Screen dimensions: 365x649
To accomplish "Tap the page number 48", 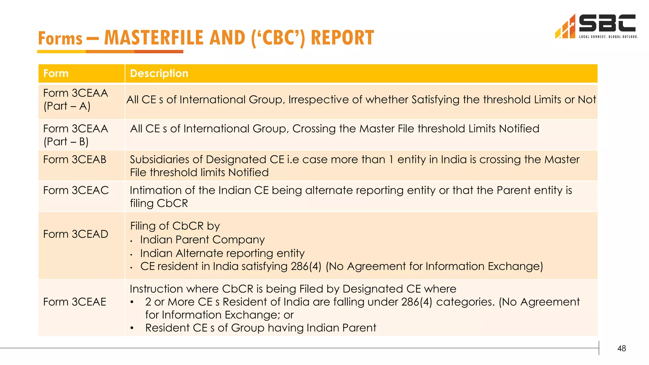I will [x=621, y=349].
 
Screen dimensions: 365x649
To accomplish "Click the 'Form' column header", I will [x=56, y=74].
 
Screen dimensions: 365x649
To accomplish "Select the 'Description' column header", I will [x=159, y=74].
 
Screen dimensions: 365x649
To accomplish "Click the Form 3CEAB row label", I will [x=75, y=159].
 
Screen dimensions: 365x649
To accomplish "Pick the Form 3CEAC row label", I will [x=76, y=190].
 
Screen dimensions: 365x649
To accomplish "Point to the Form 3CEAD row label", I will [x=75, y=234].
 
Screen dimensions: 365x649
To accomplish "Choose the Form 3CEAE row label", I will [x=75, y=302].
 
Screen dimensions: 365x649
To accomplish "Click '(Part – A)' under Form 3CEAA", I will [x=67, y=106].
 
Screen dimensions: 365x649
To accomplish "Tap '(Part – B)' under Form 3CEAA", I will [x=66, y=142].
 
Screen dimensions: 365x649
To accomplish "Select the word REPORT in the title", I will [x=342, y=38].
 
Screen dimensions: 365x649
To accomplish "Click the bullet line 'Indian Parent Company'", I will [x=202, y=240].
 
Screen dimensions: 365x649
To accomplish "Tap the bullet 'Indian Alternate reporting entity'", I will [x=222, y=253].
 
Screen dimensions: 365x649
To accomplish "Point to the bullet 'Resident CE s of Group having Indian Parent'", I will [x=260, y=328].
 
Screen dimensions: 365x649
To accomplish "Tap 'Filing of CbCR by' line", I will [x=175, y=226].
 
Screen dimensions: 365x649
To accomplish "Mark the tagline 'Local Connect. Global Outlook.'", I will [x=608, y=37].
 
